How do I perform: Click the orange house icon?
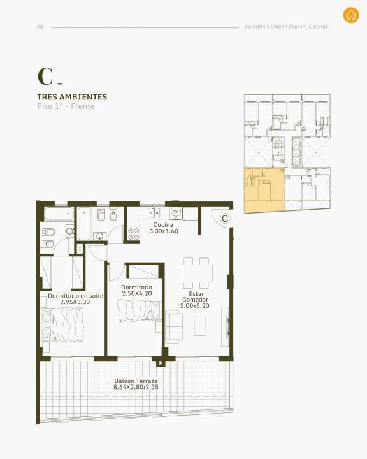[x=351, y=15]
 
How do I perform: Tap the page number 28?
[x=40, y=27]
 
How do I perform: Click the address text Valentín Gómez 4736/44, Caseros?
[x=286, y=27]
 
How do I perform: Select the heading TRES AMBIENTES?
[x=72, y=97]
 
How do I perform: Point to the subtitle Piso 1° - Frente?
[x=66, y=106]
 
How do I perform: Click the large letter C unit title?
[x=46, y=76]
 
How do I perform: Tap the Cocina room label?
[x=163, y=225]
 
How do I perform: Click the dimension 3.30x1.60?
[x=164, y=231]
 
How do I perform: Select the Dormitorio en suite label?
[x=76, y=296]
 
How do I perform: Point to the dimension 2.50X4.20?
[x=137, y=293]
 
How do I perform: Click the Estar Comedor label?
[x=195, y=296]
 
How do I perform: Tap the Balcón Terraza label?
[x=136, y=381]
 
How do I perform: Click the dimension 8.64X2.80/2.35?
[x=136, y=387]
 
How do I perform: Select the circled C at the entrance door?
[x=225, y=219]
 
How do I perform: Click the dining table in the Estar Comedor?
[x=196, y=273]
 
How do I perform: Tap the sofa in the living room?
[x=174, y=326]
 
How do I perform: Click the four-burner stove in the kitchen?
[x=133, y=234]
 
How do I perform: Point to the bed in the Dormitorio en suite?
[x=62, y=324]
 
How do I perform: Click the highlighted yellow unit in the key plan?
[x=264, y=190]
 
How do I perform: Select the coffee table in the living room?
[x=199, y=326]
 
